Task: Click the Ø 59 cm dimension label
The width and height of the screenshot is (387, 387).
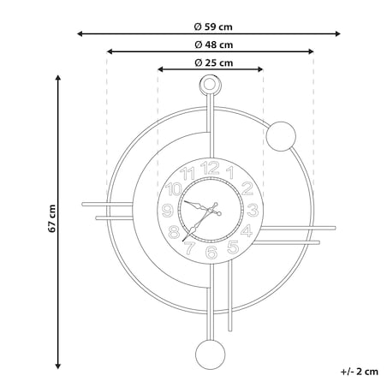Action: click(x=213, y=27)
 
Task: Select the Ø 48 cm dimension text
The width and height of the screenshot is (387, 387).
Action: click(x=214, y=45)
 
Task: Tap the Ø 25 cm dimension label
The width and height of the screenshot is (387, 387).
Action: click(x=214, y=63)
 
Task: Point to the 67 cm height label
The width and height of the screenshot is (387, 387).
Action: click(x=52, y=218)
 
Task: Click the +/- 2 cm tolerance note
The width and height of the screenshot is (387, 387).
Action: click(x=360, y=372)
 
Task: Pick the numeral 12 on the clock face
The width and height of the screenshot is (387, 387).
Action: click(x=210, y=168)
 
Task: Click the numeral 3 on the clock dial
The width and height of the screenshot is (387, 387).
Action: click(x=253, y=210)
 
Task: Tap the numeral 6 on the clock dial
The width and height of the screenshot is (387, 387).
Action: click(x=211, y=253)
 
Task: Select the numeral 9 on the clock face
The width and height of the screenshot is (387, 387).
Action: click(x=168, y=211)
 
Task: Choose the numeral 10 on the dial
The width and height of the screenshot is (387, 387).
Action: click(x=174, y=189)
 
